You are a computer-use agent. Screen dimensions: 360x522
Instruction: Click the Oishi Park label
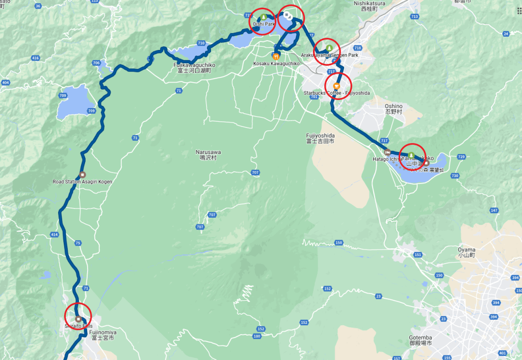[264, 23]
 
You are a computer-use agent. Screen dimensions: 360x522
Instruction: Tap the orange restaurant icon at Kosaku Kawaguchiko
[276, 56]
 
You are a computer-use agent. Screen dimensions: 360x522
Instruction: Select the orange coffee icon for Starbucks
[336, 85]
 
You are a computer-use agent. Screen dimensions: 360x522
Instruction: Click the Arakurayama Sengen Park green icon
[329, 47]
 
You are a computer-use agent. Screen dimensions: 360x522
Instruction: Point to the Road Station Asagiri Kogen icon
[83, 174]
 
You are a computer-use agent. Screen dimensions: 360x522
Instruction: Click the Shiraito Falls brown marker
[78, 319]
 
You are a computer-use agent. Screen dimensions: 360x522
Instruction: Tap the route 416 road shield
[35, 58]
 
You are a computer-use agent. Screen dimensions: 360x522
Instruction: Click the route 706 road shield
[96, 63]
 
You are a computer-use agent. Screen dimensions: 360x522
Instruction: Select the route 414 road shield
[55, 234]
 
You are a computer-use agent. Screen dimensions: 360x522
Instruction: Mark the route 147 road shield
[493, 210]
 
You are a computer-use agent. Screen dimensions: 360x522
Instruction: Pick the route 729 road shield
[461, 157]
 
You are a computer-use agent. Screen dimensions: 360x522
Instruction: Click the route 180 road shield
[256, 336]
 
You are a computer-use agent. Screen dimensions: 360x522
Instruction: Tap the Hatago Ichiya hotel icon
[387, 151]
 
